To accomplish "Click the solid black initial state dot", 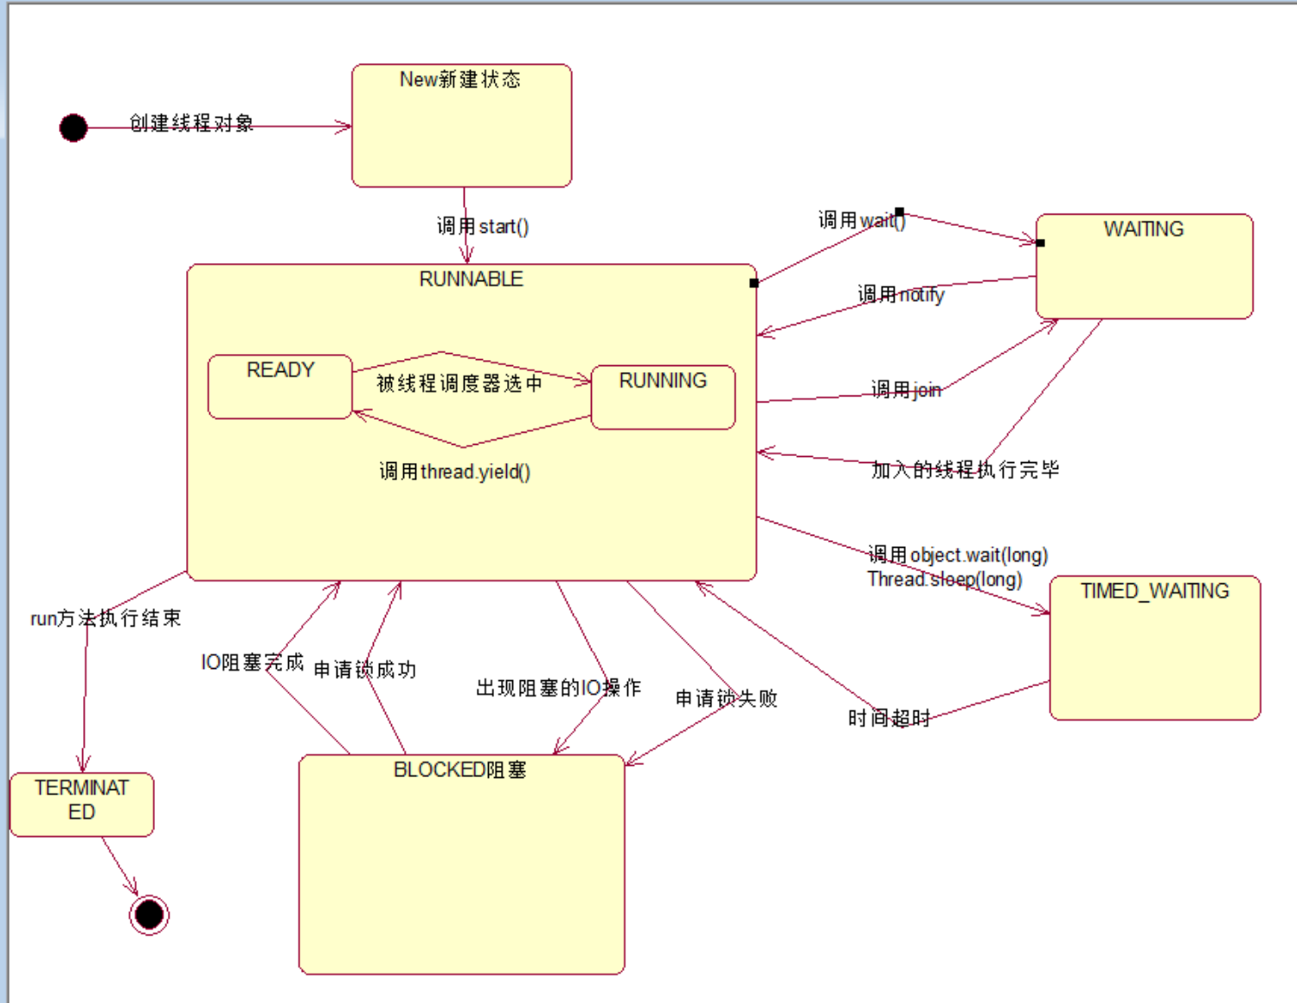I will (74, 128).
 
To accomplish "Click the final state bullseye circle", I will (149, 915).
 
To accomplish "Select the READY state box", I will (279, 387).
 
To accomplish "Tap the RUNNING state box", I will (663, 397).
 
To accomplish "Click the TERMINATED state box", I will (82, 804).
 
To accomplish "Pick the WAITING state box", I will (1144, 267).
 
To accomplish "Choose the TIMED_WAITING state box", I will (1154, 647).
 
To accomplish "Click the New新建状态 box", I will (461, 125).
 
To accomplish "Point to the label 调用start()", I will (483, 227).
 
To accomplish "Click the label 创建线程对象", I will (191, 123).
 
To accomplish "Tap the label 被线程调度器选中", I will (459, 383).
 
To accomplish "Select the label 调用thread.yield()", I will (454, 472).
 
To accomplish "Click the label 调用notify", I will (901, 294).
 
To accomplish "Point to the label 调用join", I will (905, 389).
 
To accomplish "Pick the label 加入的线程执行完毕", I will (965, 470).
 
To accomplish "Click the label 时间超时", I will (889, 718).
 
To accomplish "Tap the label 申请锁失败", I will (726, 698).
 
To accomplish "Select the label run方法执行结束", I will (106, 618).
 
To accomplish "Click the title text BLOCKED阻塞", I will (459, 770).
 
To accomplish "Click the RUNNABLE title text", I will (471, 279).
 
